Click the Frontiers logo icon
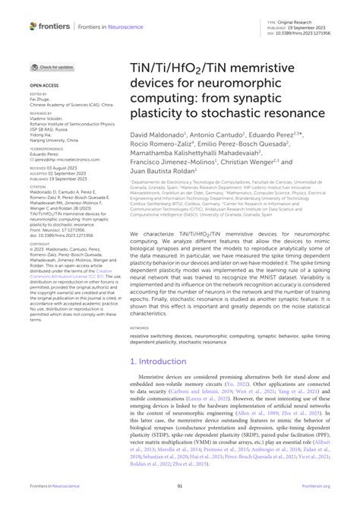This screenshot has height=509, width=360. [x=32, y=26]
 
